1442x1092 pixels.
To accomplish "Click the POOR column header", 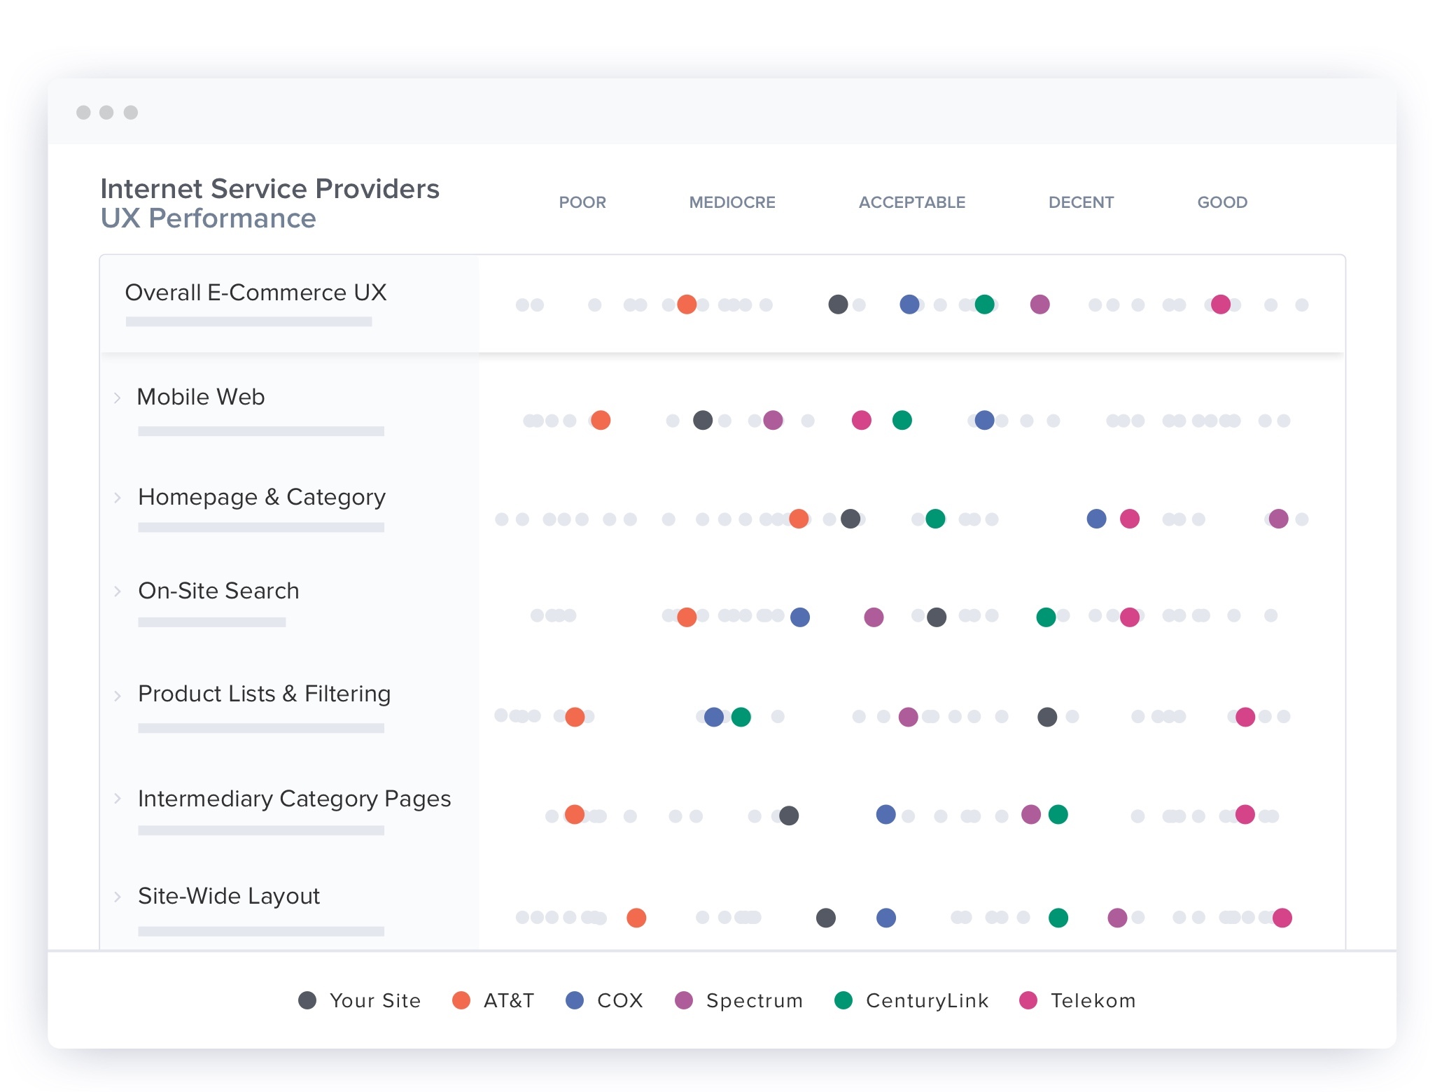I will [582, 202].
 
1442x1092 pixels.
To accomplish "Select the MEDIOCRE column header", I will [731, 202].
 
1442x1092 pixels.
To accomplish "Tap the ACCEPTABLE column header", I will [911, 202].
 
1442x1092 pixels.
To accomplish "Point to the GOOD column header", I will [1221, 202].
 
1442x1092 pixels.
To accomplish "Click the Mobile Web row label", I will [201, 397].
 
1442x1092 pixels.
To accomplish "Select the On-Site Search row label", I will [218, 591].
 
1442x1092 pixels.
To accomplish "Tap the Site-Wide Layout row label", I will [229, 896].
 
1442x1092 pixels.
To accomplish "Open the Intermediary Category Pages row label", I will [294, 799].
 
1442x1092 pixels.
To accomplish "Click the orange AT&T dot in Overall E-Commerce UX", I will [687, 304].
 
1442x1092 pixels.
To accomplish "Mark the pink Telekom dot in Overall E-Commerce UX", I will [1221, 304].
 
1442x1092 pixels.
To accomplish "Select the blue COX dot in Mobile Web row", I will [984, 420].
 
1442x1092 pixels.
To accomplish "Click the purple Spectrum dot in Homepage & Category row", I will [1278, 519].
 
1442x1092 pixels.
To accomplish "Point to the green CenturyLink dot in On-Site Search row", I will [1046, 617].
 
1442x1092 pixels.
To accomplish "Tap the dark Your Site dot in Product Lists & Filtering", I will [1047, 717].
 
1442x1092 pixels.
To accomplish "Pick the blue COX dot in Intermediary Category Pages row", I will [885, 815].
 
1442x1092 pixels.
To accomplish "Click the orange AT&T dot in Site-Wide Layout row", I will [636, 918].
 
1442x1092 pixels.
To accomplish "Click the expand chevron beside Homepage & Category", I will [118, 498].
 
